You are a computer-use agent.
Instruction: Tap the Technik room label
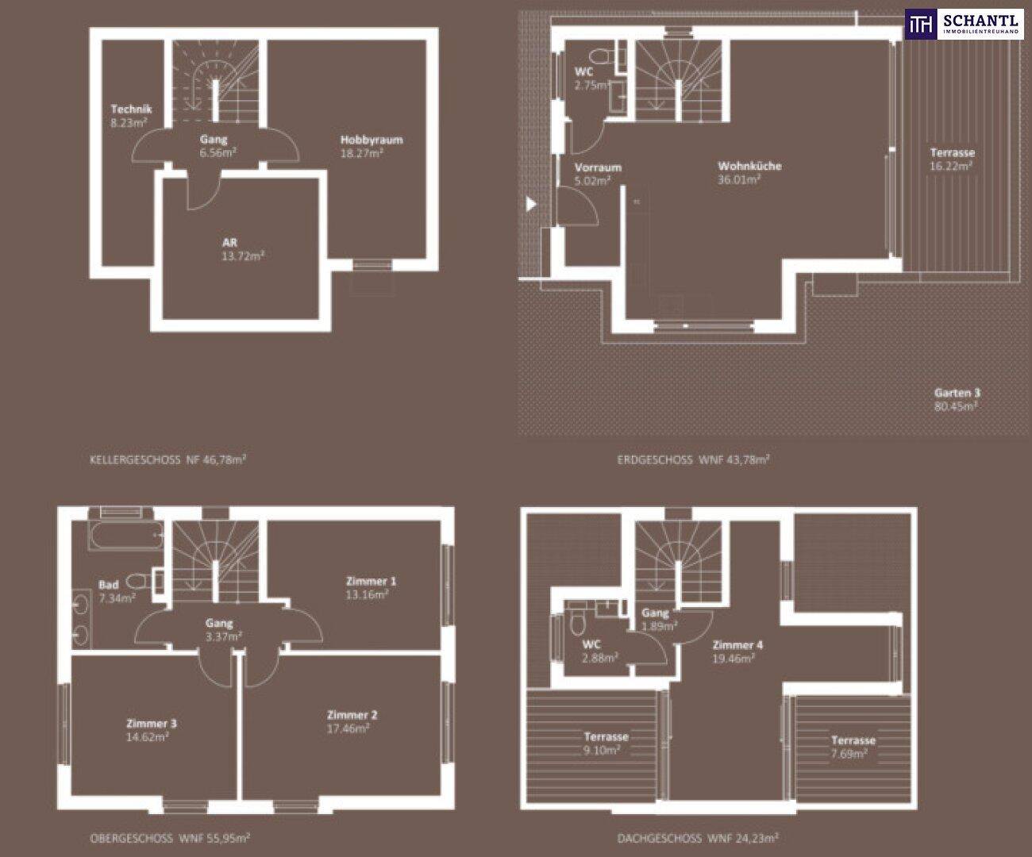click(x=131, y=109)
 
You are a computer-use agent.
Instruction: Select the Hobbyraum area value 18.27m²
click(x=362, y=153)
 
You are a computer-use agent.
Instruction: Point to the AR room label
click(x=229, y=243)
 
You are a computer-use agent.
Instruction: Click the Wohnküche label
click(x=749, y=166)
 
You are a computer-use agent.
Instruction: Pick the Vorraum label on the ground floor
click(x=598, y=167)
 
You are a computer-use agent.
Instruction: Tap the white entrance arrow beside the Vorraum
click(x=531, y=203)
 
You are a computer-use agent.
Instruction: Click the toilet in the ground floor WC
click(x=602, y=57)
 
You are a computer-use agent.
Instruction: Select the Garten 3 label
click(x=957, y=393)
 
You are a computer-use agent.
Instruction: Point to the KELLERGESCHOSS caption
click(x=135, y=460)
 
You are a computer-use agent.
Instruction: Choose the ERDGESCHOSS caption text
click(x=654, y=460)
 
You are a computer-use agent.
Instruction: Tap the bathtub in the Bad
click(x=125, y=535)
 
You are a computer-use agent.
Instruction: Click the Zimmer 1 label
click(x=372, y=581)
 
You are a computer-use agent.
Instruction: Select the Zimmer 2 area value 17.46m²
click(x=348, y=728)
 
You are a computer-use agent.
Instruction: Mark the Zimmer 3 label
click(x=152, y=724)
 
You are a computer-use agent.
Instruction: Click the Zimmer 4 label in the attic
click(x=737, y=645)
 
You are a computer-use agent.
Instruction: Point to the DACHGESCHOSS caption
click(x=659, y=838)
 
